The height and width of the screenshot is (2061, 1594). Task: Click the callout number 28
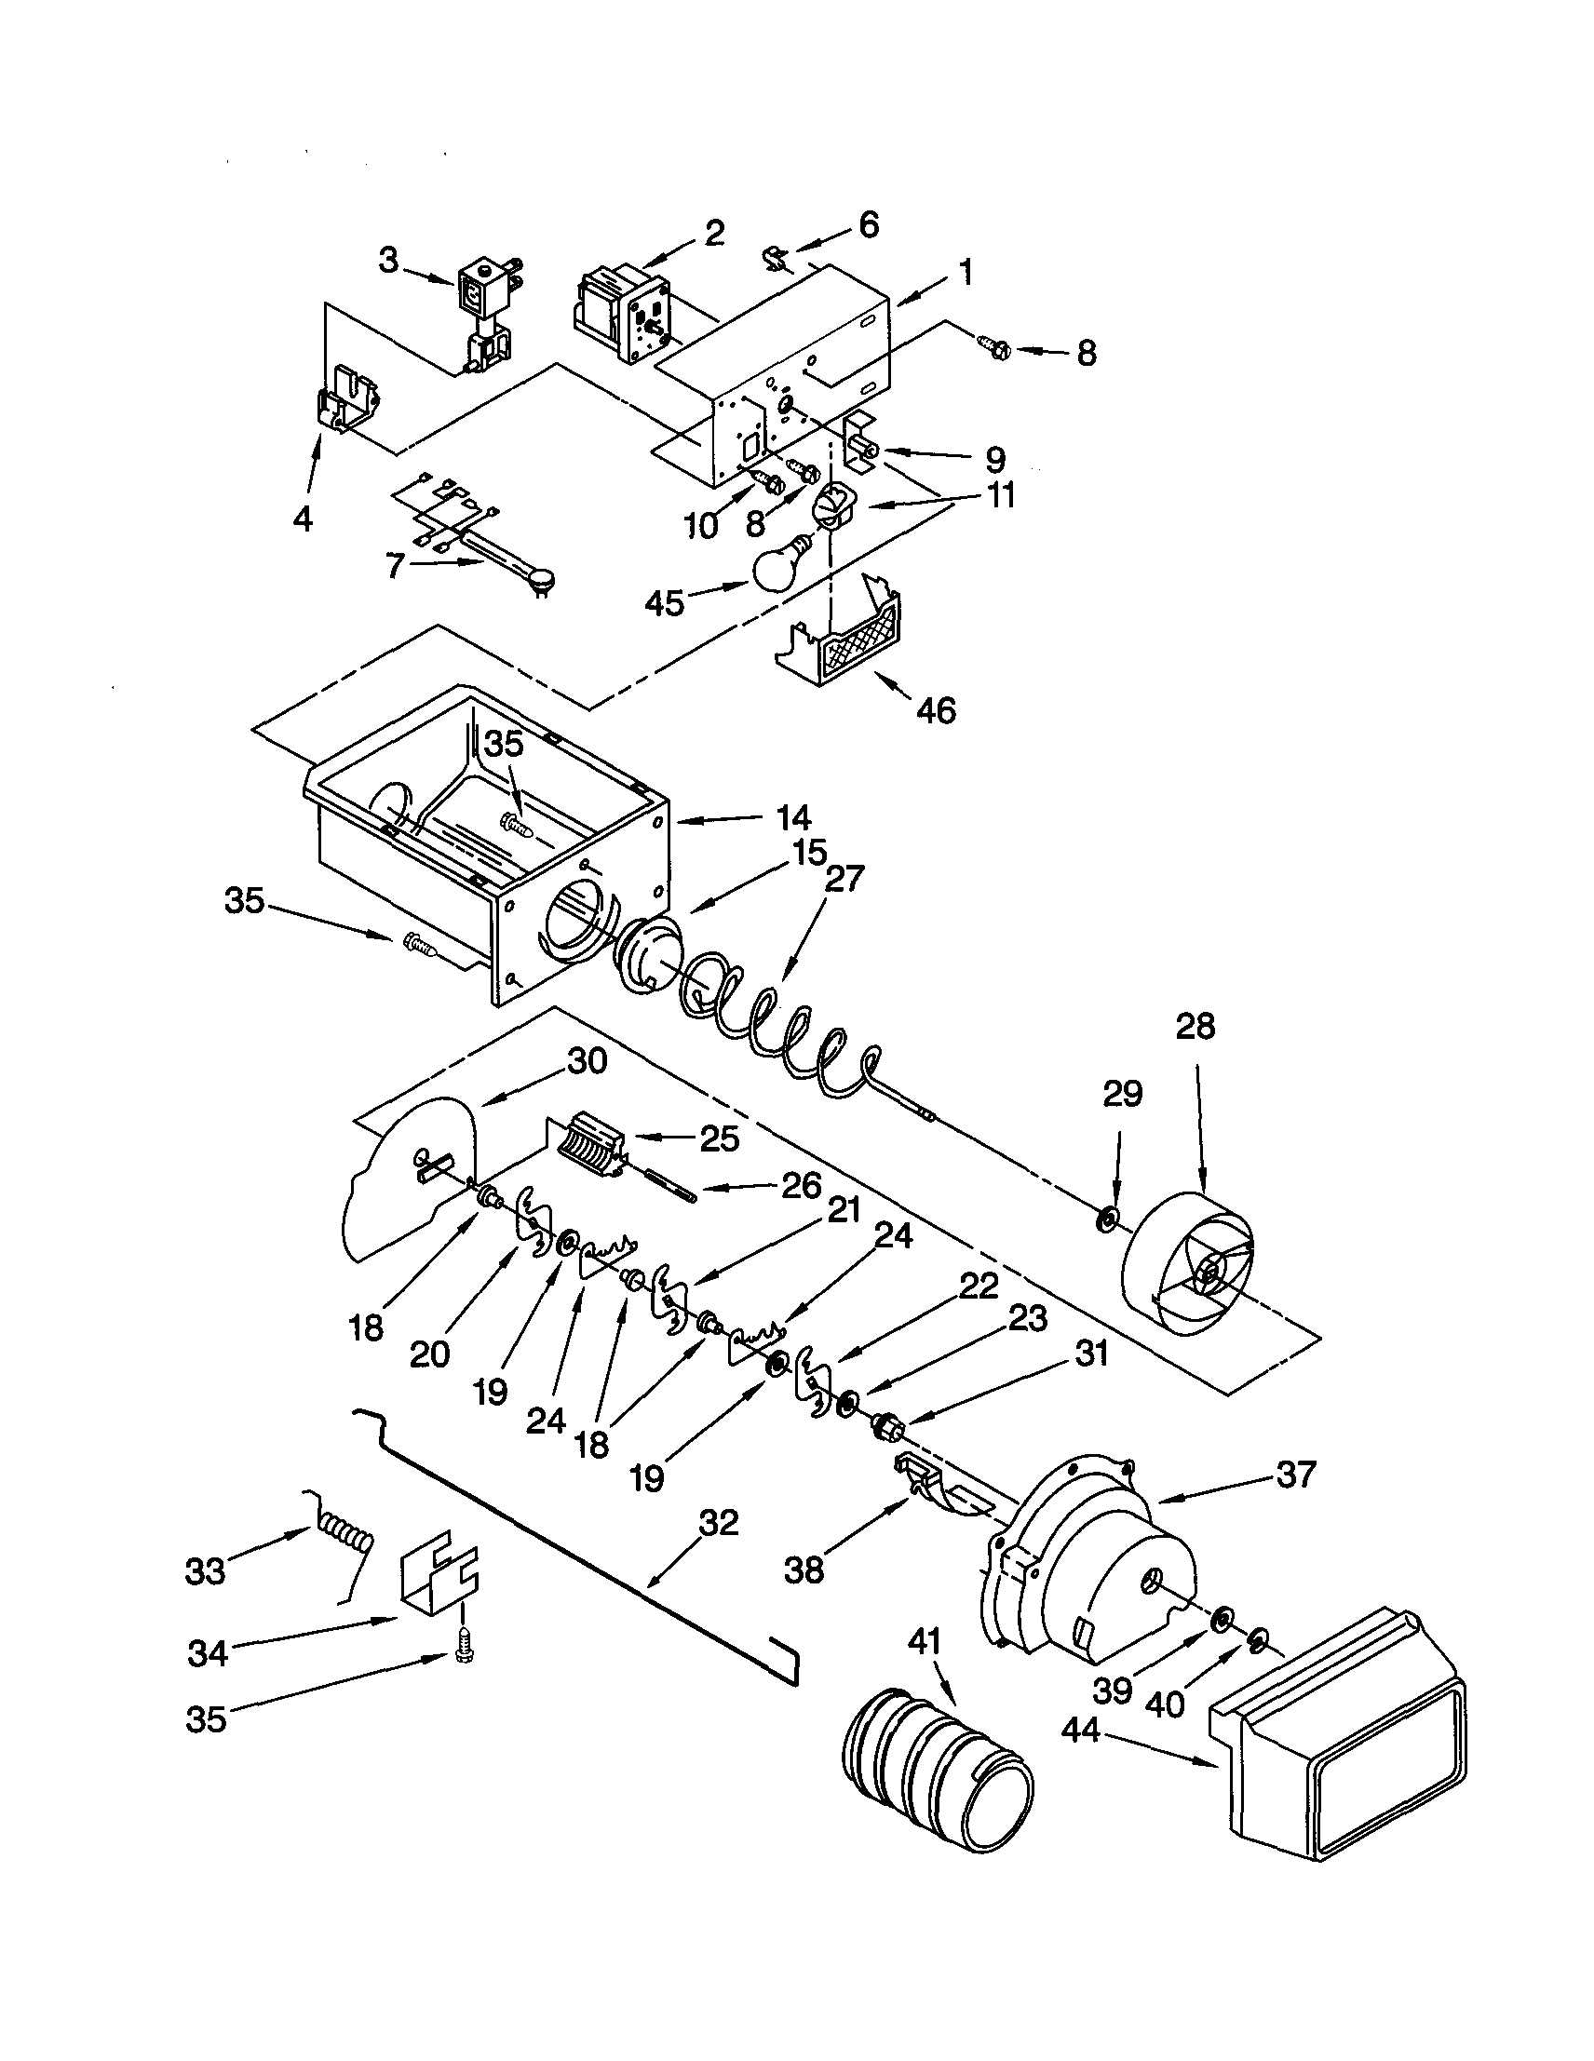point(1195,1026)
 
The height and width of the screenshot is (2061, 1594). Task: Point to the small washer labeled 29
point(1107,1220)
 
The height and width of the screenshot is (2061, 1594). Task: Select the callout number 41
point(924,1641)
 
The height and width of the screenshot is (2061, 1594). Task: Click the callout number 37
point(1295,1474)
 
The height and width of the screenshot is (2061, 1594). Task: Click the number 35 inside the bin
point(504,745)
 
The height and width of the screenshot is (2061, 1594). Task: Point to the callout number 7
point(395,565)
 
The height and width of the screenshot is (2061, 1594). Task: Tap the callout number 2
point(713,232)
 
